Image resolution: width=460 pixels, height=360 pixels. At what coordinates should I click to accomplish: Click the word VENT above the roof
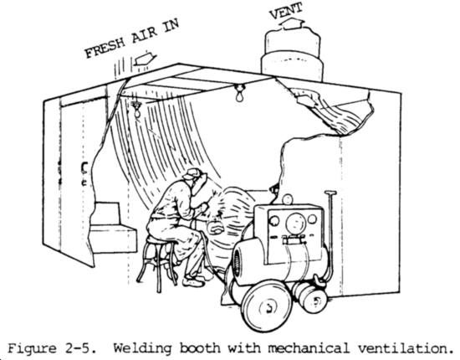pyautogui.click(x=286, y=11)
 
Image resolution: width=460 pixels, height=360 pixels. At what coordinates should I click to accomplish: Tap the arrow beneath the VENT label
pyautogui.click(x=292, y=23)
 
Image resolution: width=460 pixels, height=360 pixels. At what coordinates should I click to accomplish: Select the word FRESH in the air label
pyautogui.click(x=105, y=48)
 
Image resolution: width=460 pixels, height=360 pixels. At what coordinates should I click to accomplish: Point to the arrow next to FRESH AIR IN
pyautogui.click(x=145, y=59)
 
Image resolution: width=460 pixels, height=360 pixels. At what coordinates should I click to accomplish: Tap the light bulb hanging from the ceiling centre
pyautogui.click(x=240, y=93)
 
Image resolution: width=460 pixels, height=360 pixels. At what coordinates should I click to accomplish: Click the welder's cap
pyautogui.click(x=192, y=173)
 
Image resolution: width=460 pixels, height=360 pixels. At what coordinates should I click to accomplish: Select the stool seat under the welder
pyautogui.click(x=161, y=241)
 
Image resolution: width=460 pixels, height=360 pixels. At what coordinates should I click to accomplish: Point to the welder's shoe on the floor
pyautogui.click(x=193, y=282)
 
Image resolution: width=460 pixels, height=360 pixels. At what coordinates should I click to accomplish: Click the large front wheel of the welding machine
pyautogui.click(x=266, y=306)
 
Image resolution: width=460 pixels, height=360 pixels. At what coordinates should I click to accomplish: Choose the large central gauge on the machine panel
pyautogui.click(x=296, y=223)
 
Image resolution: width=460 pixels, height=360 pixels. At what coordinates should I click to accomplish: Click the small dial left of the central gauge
pyautogui.click(x=274, y=221)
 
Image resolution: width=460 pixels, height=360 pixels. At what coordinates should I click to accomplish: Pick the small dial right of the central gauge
pyautogui.click(x=312, y=219)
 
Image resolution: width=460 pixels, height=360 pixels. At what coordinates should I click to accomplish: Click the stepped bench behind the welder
pyautogui.click(x=113, y=227)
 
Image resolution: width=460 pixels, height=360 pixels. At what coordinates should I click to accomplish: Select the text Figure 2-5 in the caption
pyautogui.click(x=52, y=348)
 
